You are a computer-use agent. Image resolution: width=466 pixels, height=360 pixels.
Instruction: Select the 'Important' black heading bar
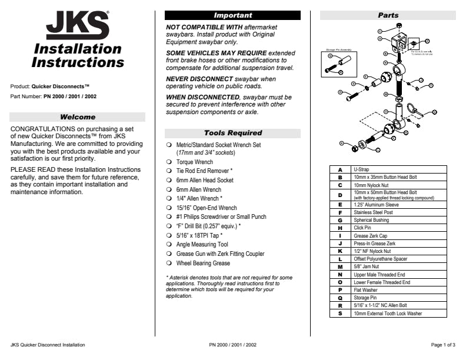click(x=232, y=15)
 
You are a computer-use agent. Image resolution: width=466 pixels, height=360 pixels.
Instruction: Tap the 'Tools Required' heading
click(x=232, y=133)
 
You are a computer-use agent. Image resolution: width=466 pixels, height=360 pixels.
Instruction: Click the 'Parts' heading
click(x=388, y=15)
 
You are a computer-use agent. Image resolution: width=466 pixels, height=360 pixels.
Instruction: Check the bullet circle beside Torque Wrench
click(x=168, y=162)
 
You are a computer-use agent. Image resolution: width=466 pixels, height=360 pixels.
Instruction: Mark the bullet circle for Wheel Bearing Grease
click(x=168, y=263)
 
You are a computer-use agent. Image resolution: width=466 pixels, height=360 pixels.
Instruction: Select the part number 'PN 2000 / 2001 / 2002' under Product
click(x=70, y=96)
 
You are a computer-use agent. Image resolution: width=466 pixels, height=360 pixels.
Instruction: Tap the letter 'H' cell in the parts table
click(x=340, y=228)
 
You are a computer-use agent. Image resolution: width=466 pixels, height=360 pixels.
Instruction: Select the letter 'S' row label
click(x=340, y=314)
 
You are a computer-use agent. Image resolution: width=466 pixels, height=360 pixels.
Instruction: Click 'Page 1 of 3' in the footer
click(x=443, y=345)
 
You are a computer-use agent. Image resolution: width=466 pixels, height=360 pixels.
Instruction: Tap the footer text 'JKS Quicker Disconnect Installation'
click(x=48, y=345)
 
